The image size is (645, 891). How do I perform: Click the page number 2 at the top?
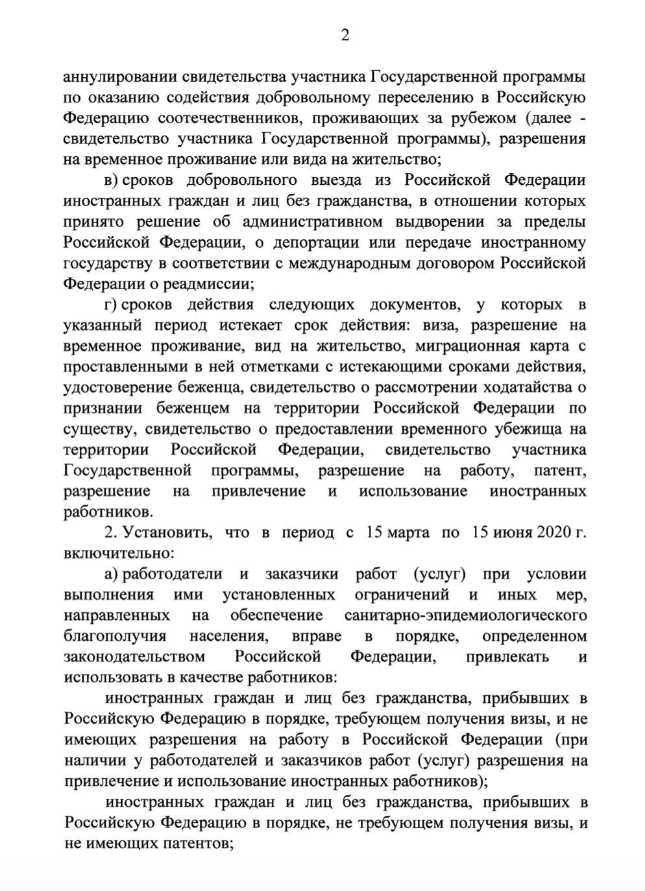pyautogui.click(x=345, y=36)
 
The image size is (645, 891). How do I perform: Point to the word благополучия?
pyautogui.click(x=115, y=636)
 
